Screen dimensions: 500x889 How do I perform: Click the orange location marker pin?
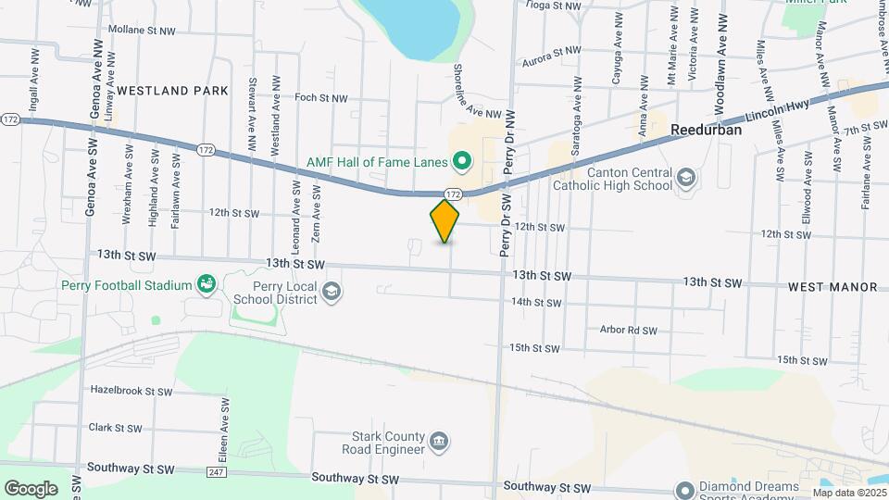(445, 221)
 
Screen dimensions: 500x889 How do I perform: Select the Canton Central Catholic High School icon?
(686, 176)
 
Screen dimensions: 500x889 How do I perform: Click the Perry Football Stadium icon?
(206, 285)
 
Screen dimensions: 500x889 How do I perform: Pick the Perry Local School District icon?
(331, 294)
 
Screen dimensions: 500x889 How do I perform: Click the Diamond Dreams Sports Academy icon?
(684, 489)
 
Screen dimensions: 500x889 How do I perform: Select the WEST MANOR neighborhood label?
(833, 287)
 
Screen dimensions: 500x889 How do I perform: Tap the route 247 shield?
(217, 472)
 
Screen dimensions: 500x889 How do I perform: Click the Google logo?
(31, 488)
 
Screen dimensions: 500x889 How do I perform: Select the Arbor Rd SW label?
(628, 330)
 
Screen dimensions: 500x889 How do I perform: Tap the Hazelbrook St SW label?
(130, 391)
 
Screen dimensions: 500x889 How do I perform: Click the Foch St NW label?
(320, 97)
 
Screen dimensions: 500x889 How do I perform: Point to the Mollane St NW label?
(142, 31)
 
